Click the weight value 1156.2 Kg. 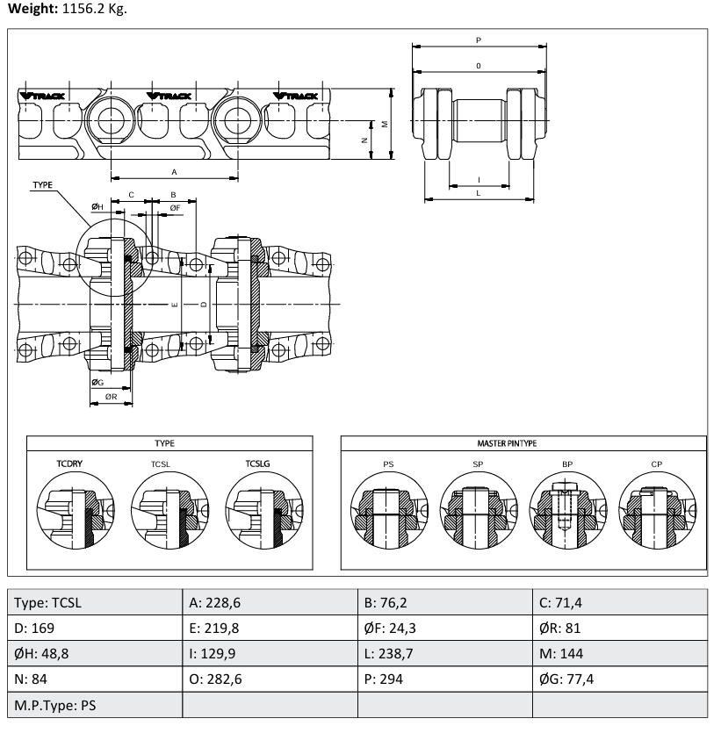(95, 9)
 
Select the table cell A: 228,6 (270, 602)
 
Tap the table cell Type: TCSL (95, 602)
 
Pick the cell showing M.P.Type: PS (95, 705)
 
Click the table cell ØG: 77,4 (619, 679)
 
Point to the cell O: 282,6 (270, 679)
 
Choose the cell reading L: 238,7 (444, 653)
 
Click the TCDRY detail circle (76, 511)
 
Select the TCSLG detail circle (264, 511)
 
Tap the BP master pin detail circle (567, 511)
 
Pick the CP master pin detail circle (658, 511)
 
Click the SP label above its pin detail (478, 464)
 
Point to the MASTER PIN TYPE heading (507, 443)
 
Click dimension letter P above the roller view (479, 40)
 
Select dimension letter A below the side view (174, 172)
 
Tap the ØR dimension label (111, 397)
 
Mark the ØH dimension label (97, 206)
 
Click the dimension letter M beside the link (385, 124)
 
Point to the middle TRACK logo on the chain (169, 96)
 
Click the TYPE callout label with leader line (42, 185)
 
